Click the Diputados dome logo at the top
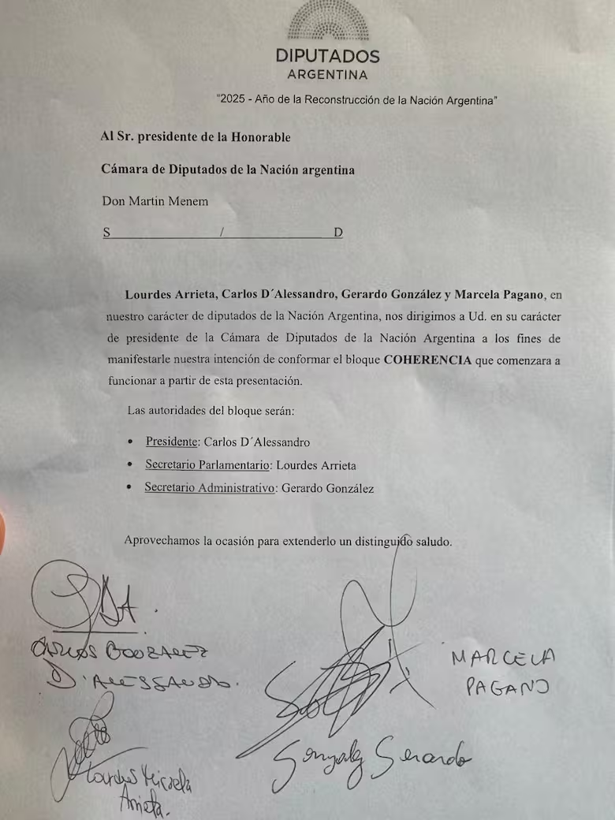click(x=327, y=20)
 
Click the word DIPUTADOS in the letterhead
click(x=327, y=57)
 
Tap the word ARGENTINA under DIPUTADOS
click(x=327, y=76)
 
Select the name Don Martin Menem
click(x=155, y=201)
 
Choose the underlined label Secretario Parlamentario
click(x=208, y=465)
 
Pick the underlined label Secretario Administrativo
click(x=209, y=488)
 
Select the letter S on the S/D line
click(x=106, y=233)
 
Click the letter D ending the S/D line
click(x=338, y=233)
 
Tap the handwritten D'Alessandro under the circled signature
click(x=142, y=680)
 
